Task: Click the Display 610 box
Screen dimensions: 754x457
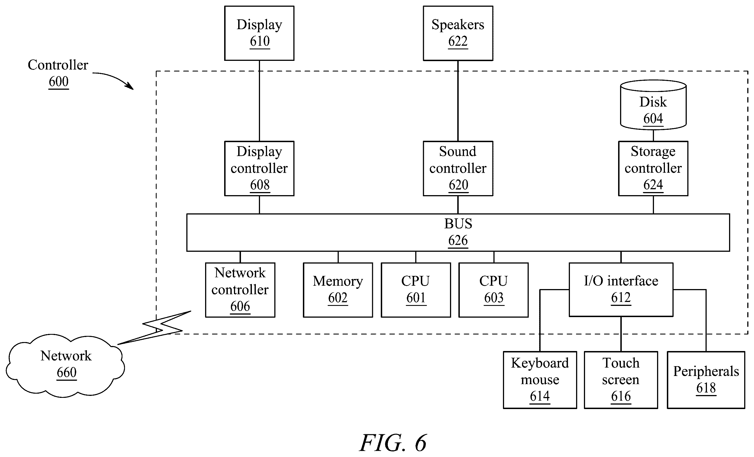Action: coord(259,33)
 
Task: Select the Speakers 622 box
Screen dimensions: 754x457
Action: coord(458,33)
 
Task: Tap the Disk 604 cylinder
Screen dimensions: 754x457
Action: coord(653,105)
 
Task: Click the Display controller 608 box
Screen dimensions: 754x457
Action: coord(259,168)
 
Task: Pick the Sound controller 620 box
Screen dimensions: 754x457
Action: coord(458,168)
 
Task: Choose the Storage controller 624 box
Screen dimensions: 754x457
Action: coord(653,168)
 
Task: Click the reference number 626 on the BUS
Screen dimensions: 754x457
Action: coord(458,241)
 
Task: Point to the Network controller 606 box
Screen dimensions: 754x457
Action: coord(240,290)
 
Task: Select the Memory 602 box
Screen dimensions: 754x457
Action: coord(338,290)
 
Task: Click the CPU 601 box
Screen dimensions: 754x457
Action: coord(416,290)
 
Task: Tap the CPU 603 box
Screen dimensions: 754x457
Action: coord(493,290)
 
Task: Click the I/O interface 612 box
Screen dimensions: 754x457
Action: coord(621,290)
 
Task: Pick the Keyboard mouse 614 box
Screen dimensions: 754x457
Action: coord(540,380)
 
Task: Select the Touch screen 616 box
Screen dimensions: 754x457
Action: coord(621,380)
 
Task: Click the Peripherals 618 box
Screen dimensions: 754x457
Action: coord(706,380)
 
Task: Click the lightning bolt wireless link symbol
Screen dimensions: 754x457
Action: coord(155,328)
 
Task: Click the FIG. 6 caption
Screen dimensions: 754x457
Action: coord(393,443)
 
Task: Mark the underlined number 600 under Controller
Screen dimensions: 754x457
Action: coord(59,82)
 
